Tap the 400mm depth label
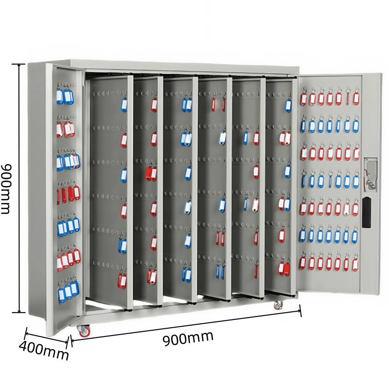[44, 351]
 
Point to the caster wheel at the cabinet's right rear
[278, 305]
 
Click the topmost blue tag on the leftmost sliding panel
[124, 105]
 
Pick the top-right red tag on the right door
[356, 98]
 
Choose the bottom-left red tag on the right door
[303, 263]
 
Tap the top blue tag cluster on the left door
[64, 96]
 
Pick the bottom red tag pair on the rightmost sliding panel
[284, 268]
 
